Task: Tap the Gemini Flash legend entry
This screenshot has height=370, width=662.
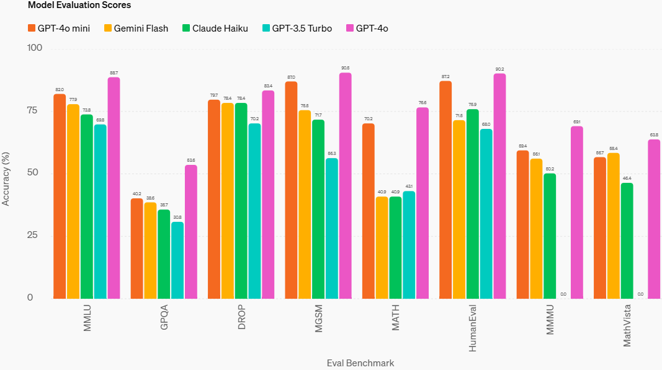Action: point(135,29)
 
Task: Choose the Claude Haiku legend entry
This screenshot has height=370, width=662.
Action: point(215,29)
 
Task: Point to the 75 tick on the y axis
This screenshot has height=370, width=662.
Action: point(31,111)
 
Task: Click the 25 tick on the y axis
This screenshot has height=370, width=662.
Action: point(31,236)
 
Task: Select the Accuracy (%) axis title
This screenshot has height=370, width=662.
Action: point(6,174)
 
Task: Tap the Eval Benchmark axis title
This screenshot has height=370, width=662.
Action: point(360,363)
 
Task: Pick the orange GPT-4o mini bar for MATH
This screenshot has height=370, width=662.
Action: point(369,211)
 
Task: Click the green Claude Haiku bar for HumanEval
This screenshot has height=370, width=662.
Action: point(473,203)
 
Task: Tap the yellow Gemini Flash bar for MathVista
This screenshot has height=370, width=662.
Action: point(613,226)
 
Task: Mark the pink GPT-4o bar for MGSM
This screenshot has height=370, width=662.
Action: point(345,185)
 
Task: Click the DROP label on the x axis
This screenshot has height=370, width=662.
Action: point(242,317)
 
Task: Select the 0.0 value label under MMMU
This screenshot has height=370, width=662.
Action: point(563,294)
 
